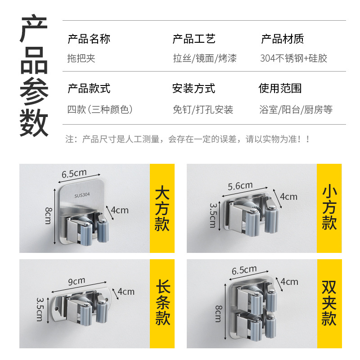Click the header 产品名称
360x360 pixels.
coord(89,39)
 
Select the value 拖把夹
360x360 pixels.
coord(81,58)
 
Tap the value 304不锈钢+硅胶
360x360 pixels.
coord(293,58)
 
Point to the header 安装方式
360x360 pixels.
coord(193,88)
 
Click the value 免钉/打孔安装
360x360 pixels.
coord(203,109)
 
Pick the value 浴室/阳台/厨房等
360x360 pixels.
coord(296,109)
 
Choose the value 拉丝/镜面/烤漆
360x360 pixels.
coord(204,58)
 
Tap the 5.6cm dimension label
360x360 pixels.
coord(240,186)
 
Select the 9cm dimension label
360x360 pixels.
coord(76,281)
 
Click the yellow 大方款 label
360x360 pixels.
coord(162,208)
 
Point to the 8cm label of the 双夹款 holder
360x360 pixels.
coord(218,313)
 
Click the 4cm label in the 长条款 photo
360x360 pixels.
coord(126,292)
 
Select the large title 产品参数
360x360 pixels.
coord(34,76)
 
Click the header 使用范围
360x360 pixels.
coord(280,88)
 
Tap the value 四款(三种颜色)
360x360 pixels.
coord(99,109)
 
